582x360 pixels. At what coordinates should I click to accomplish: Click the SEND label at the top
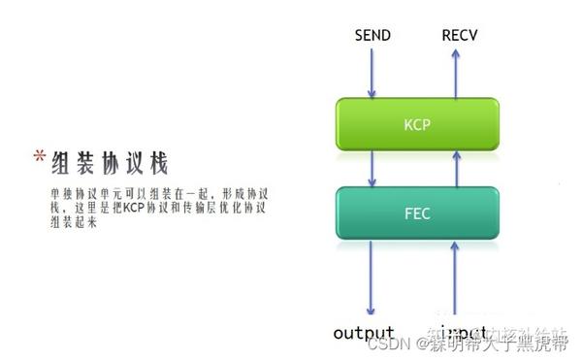pos(372,36)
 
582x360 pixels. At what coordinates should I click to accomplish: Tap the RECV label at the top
pos(460,36)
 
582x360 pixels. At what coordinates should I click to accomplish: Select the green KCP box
pos(416,125)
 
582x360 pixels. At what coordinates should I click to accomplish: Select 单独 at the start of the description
pos(59,193)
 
